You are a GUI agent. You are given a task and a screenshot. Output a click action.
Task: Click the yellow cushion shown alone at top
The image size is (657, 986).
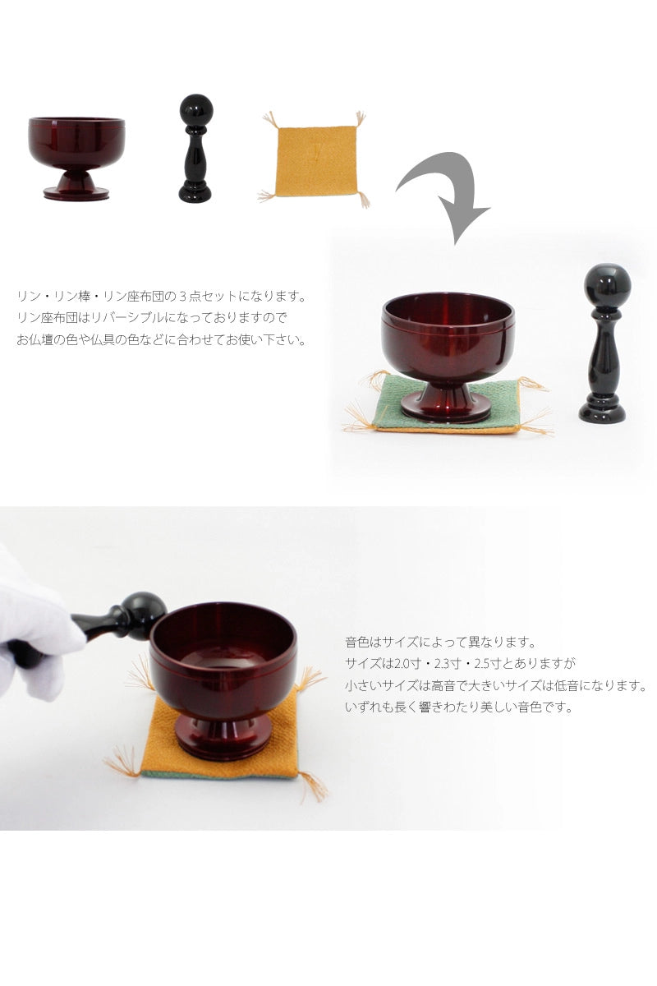(315, 160)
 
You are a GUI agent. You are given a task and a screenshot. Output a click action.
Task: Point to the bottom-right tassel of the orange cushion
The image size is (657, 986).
(312, 786)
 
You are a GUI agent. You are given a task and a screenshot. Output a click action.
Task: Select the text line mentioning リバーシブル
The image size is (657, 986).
(153, 317)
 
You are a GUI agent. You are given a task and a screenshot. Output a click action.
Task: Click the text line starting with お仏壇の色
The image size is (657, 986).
(161, 339)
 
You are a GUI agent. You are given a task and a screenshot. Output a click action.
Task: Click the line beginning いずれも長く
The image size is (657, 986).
(457, 706)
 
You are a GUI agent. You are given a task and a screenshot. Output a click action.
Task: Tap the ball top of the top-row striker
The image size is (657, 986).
(195, 110)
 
